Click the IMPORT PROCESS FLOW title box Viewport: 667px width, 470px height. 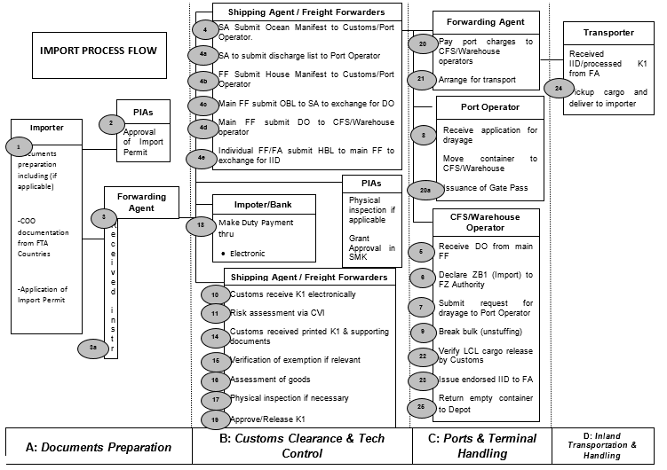pos(99,51)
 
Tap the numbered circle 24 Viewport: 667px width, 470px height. pos(559,88)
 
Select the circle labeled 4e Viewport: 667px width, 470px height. pos(202,158)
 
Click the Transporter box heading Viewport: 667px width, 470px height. pos(609,33)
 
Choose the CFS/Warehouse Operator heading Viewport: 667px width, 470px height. pos(485,222)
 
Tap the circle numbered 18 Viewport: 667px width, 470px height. pos(202,226)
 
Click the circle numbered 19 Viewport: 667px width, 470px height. pos(216,419)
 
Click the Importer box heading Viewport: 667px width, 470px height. pos(46,128)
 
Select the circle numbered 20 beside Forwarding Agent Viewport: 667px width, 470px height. pos(423,43)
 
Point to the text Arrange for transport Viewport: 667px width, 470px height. pos(476,80)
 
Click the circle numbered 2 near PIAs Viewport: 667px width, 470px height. pos(111,124)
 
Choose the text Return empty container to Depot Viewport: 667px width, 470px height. pos(485,404)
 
